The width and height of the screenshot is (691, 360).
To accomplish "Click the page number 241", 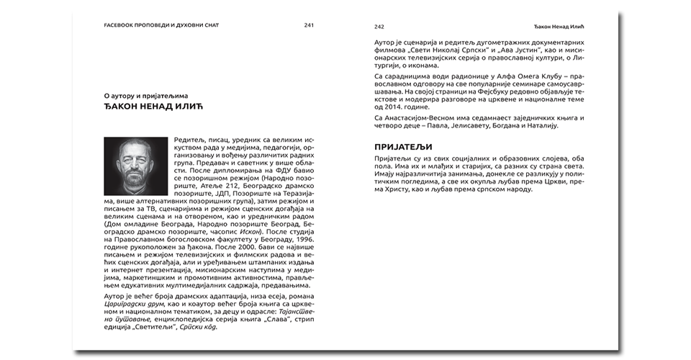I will (309, 25).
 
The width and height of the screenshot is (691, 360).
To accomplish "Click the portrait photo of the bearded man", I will (135, 166).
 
